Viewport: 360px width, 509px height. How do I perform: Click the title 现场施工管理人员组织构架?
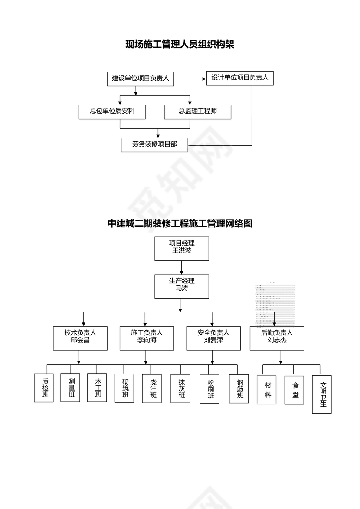coord(180,44)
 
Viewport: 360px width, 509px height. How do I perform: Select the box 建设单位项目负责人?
coord(140,79)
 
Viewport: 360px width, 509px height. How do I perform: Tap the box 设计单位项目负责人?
coord(240,78)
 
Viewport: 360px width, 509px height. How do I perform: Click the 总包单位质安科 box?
coord(112,112)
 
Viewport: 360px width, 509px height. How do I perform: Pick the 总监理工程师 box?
coord(198,112)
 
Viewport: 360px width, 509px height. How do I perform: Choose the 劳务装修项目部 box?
coord(154,144)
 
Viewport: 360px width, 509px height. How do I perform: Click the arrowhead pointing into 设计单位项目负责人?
coord(204,79)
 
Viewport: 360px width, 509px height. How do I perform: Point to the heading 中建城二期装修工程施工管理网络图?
coord(180,224)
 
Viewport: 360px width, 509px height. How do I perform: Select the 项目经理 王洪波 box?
coord(181,248)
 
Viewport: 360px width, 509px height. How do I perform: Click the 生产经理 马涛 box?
coord(181,286)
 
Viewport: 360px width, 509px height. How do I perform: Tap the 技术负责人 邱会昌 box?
coord(80,338)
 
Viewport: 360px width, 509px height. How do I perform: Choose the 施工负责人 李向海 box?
coord(147,338)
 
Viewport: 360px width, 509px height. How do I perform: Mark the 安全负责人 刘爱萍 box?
coord(213,338)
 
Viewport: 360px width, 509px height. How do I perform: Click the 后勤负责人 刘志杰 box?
coord(277,338)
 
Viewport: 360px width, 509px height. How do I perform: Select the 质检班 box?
coord(44,388)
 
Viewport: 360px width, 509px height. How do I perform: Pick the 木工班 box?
coord(97,387)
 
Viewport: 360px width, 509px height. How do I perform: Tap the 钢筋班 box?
coord(239,389)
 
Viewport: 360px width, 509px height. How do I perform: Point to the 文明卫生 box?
coord(322,394)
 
